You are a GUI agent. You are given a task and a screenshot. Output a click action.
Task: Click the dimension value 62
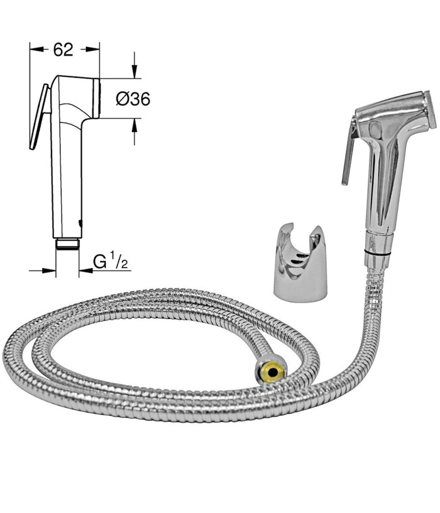point(63,50)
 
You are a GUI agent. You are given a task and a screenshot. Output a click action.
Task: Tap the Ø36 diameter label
point(133,99)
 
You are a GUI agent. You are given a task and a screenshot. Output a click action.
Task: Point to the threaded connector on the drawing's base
point(67,243)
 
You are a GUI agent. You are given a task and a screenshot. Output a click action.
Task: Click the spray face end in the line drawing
point(97,97)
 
